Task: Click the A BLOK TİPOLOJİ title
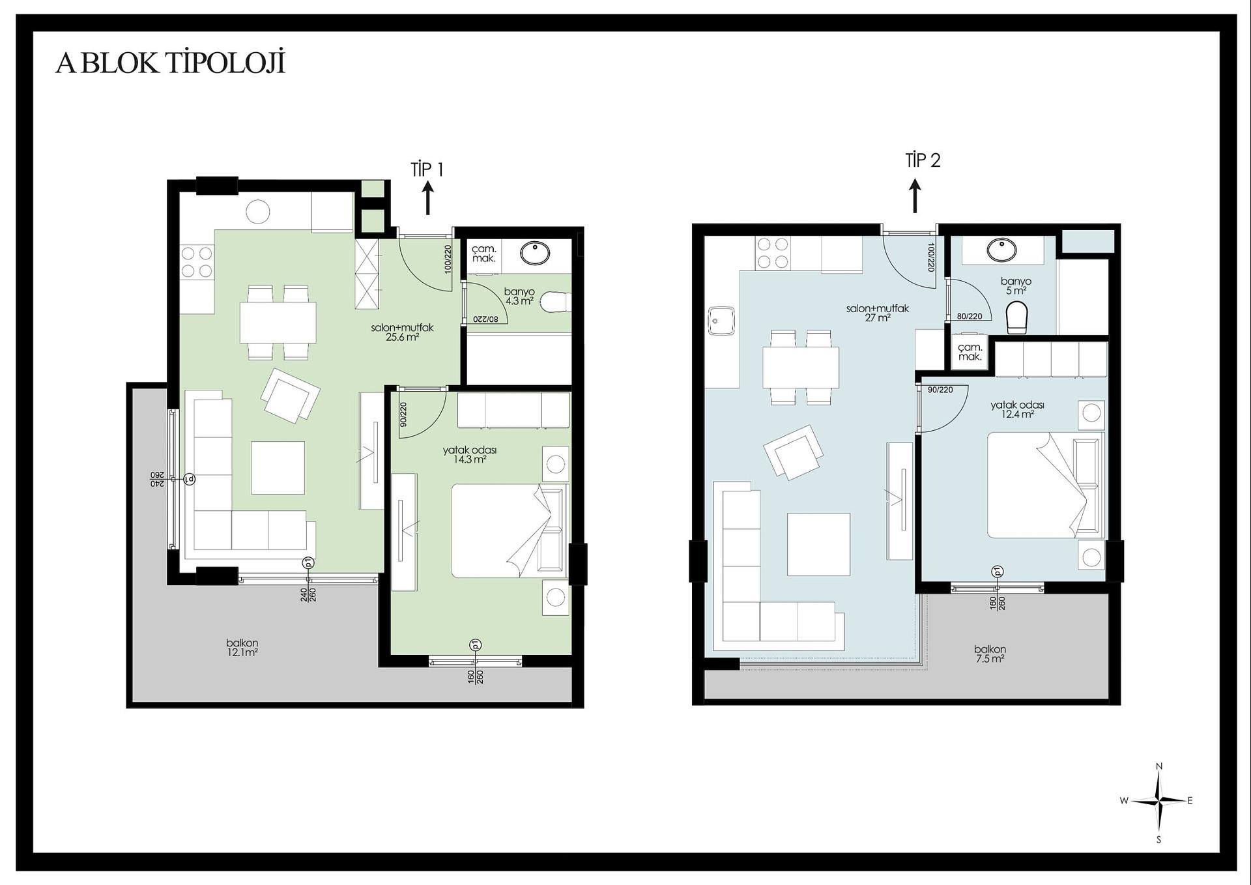click(170, 63)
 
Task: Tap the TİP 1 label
click(427, 169)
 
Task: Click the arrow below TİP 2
click(915, 196)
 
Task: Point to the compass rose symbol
click(1158, 802)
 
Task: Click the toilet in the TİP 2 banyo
click(1016, 317)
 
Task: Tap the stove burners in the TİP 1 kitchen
click(197, 261)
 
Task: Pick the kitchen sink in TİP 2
click(721, 321)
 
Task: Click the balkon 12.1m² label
click(242, 648)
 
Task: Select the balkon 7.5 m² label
click(990, 654)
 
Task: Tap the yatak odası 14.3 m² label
click(470, 455)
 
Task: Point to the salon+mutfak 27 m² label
click(878, 313)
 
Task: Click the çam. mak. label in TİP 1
click(484, 254)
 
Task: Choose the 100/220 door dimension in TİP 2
click(931, 257)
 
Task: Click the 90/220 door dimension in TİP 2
click(940, 390)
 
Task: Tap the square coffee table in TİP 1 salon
click(278, 468)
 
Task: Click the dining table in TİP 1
click(278, 322)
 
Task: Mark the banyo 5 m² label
click(1016, 286)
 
